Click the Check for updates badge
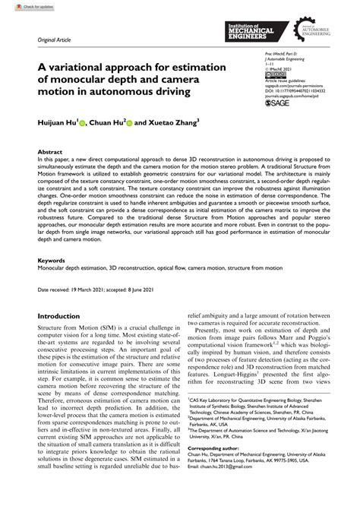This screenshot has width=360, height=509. [x=22, y=5]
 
